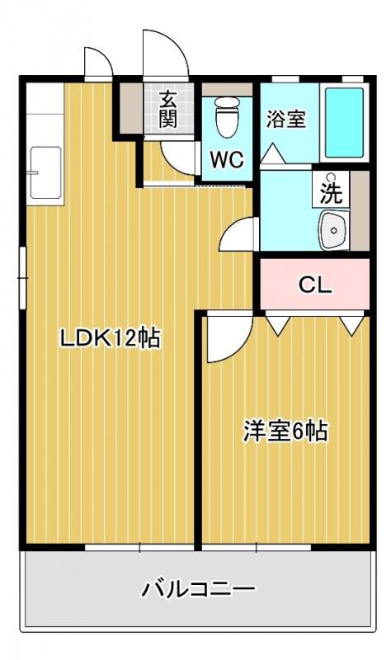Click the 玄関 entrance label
pyautogui.click(x=167, y=109)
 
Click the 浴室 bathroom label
pyautogui.click(x=285, y=119)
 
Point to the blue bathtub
pyautogui.click(x=343, y=122)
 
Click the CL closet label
pyautogui.click(x=314, y=285)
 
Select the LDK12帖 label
pyautogui.click(x=108, y=337)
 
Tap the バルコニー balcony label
pyautogui.click(x=198, y=589)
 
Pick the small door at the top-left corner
pyautogui.click(x=96, y=61)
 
